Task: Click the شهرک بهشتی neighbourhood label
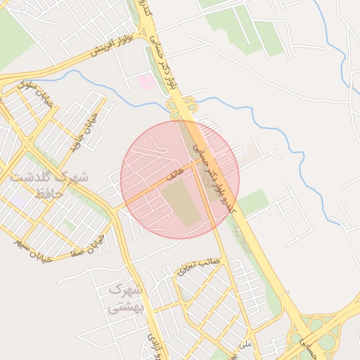coord(125,298)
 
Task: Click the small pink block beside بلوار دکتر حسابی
coord(146,82)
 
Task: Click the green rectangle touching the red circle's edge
coord(252,202)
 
